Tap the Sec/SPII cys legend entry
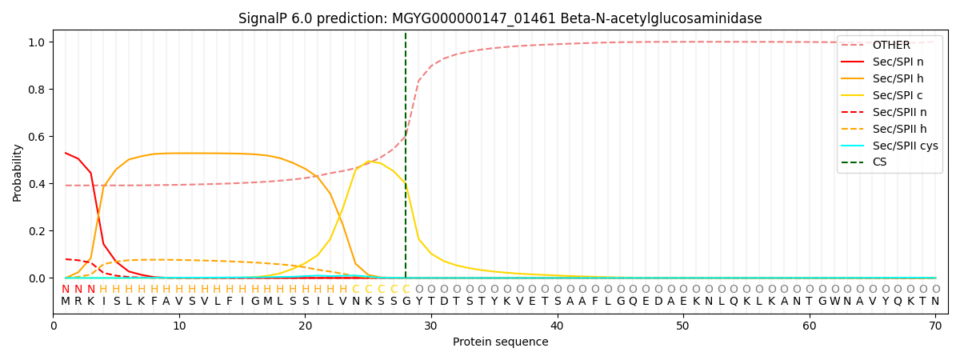905,146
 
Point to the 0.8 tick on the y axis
38,90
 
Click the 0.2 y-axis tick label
38,231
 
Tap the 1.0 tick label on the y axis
38,42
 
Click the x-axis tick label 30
430,326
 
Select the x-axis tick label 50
682,326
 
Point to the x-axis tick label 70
934,326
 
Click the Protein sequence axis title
500,342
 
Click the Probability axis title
17,172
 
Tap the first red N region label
66,290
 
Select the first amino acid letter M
66,302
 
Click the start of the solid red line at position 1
66,153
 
